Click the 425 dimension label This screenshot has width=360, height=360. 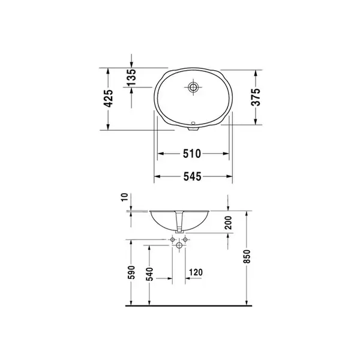(109, 98)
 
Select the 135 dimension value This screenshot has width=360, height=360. (132, 77)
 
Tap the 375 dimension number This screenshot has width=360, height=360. (256, 97)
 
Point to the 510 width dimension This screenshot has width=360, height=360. (192, 154)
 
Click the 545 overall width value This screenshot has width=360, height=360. (193, 176)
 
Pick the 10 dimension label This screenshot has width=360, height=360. (124, 197)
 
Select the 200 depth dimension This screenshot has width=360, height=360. (229, 223)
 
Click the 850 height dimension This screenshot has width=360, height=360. (247, 256)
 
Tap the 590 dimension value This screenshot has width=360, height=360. (131, 272)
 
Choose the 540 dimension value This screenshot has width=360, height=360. (149, 274)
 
